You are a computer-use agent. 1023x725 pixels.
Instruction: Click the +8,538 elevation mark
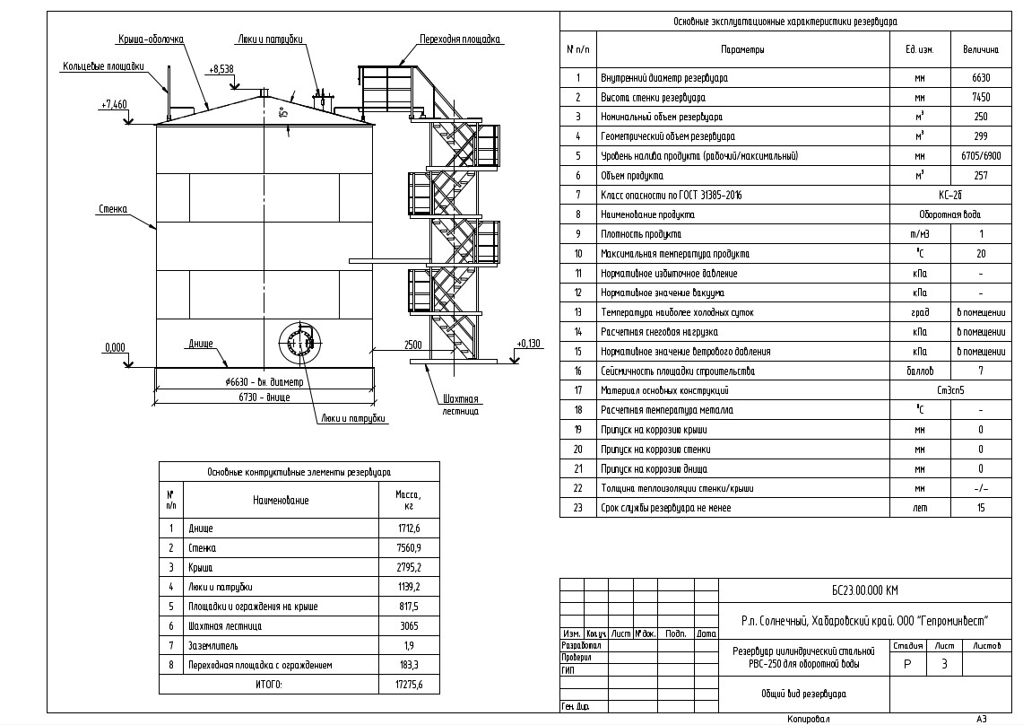tap(221, 68)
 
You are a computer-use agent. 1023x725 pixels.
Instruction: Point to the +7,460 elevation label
tap(114, 105)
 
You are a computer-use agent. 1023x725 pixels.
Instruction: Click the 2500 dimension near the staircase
tap(413, 345)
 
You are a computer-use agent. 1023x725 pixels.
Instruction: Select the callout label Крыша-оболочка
tap(151, 39)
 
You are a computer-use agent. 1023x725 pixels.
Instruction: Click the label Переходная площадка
tap(460, 39)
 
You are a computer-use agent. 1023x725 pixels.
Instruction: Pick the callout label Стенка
tap(112, 209)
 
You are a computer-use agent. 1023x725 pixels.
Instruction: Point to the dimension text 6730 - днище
tap(264, 395)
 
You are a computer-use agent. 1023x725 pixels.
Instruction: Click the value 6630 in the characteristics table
tap(981, 78)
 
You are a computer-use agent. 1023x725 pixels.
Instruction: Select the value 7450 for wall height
tap(981, 98)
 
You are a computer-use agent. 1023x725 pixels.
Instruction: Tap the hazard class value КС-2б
tap(949, 196)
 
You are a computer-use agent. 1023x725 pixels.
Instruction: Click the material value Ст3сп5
tap(949, 391)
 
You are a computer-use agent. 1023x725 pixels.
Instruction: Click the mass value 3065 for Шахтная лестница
tap(409, 626)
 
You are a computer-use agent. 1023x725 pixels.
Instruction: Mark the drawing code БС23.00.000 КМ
tap(864, 590)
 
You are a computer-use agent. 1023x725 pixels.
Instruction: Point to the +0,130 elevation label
tap(530, 344)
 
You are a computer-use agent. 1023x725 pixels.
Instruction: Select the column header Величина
tap(981, 49)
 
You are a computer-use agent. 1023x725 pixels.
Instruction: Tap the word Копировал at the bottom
tap(810, 719)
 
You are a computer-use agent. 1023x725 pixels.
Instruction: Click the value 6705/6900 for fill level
tap(981, 156)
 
